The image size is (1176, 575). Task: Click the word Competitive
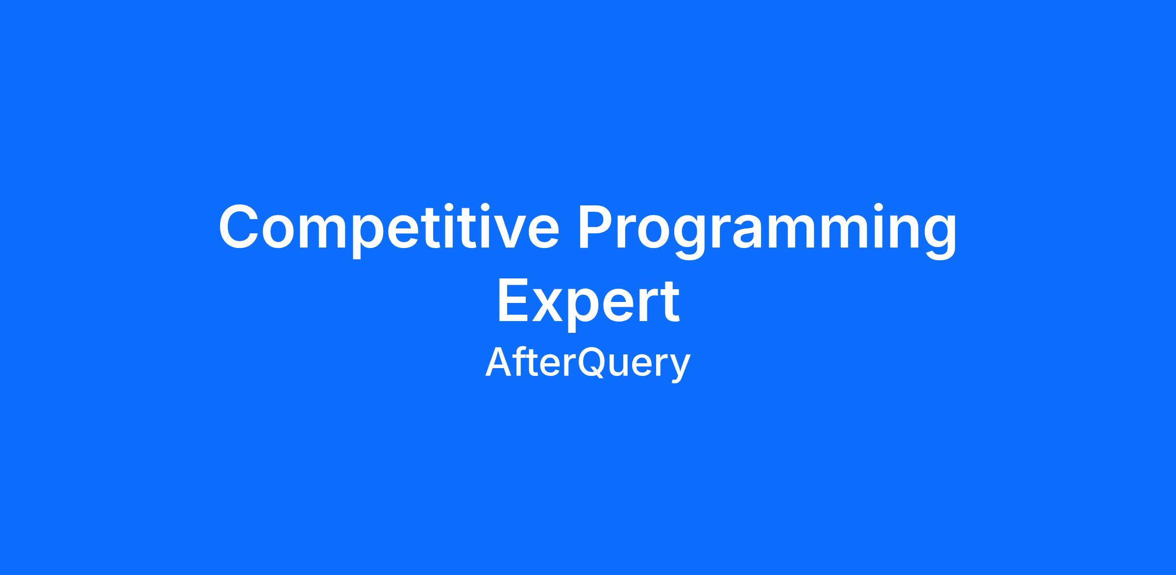point(389,229)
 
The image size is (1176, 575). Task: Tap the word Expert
point(588,302)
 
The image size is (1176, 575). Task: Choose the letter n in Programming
point(900,232)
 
